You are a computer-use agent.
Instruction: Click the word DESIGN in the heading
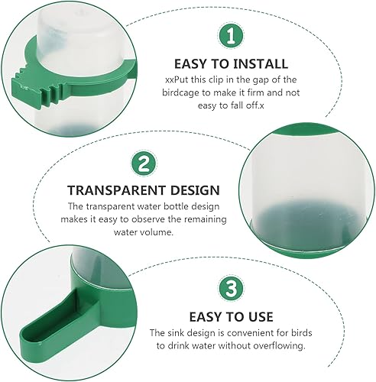tap(193, 189)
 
